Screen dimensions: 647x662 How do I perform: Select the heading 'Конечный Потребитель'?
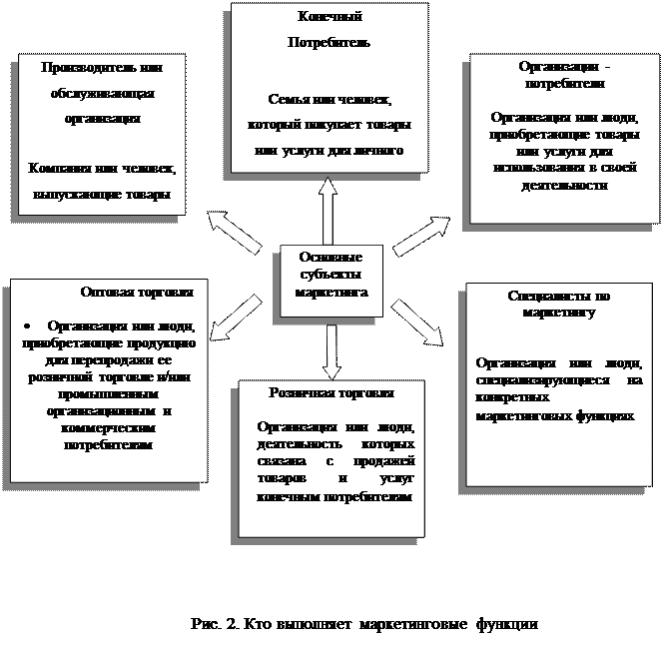[330, 30]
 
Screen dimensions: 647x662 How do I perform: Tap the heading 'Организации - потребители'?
[562, 74]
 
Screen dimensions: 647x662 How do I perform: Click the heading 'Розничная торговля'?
[331, 393]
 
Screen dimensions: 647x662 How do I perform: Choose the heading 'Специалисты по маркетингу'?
[558, 304]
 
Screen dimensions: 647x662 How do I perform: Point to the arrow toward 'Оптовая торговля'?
[236, 318]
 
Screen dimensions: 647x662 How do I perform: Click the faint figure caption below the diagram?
[364, 625]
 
